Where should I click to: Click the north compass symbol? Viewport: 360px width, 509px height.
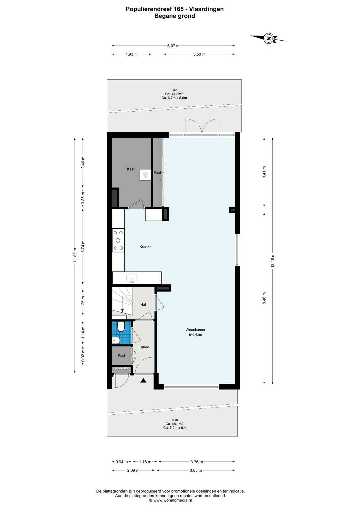click(269, 38)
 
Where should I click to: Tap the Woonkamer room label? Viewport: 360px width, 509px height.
click(195, 330)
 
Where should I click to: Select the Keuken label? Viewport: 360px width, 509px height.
click(146, 247)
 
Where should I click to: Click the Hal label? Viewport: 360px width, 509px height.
click(143, 305)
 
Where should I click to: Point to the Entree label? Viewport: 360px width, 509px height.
click(144, 347)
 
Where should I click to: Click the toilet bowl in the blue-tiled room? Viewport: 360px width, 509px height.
click(121, 327)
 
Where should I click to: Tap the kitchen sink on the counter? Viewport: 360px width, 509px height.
click(132, 278)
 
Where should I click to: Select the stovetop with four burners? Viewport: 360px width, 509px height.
click(118, 240)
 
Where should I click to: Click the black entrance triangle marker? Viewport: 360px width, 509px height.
click(143, 381)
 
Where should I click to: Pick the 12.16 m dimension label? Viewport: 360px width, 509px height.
click(273, 261)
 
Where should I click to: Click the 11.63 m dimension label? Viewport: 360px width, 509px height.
click(75, 255)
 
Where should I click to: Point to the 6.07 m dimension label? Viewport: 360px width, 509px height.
click(173, 46)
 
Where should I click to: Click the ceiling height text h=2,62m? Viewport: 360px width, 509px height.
click(195, 335)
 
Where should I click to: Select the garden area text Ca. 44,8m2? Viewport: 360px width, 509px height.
click(174, 94)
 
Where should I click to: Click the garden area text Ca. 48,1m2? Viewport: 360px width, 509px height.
click(174, 424)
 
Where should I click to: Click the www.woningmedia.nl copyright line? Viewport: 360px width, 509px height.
click(170, 500)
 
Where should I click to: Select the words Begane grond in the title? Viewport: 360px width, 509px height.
click(175, 16)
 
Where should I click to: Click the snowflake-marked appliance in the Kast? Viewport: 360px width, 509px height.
click(145, 175)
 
